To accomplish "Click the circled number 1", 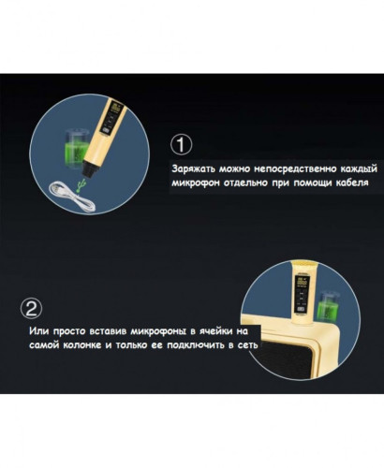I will tap(182, 145).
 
